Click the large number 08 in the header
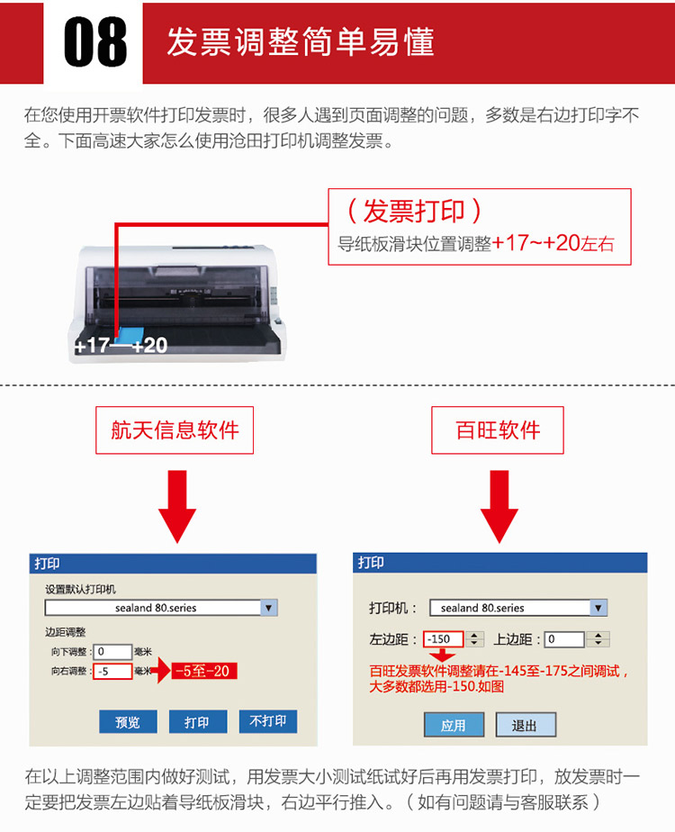pyautogui.click(x=95, y=41)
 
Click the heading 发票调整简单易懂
pyautogui.click(x=301, y=41)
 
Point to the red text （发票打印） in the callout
pyautogui.click(x=414, y=212)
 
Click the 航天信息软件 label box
pyautogui.click(x=175, y=430)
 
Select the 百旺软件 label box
pyautogui.click(x=498, y=430)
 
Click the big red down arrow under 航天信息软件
pyautogui.click(x=177, y=506)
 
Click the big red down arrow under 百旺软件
pyautogui.click(x=499, y=506)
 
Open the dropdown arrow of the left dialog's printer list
pyautogui.click(x=269, y=608)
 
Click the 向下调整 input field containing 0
pyautogui.click(x=112, y=652)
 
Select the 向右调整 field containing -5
pyautogui.click(x=112, y=671)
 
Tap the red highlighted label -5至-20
pyautogui.click(x=203, y=671)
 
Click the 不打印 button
pyautogui.click(x=268, y=721)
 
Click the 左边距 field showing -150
pyautogui.click(x=444, y=639)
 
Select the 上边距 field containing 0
pyautogui.click(x=564, y=639)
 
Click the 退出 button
pyautogui.click(x=526, y=725)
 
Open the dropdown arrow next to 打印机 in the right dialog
pyautogui.click(x=598, y=608)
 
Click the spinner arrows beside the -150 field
pyautogui.click(x=474, y=639)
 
